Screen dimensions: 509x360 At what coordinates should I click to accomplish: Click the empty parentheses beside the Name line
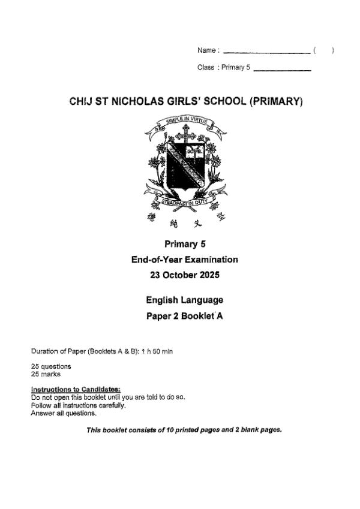pyautogui.click(x=323, y=51)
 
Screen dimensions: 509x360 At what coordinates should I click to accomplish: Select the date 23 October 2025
pyautogui.click(x=185, y=276)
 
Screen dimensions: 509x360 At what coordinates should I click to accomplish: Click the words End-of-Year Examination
pyautogui.click(x=185, y=260)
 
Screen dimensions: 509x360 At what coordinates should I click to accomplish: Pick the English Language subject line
pyautogui.click(x=185, y=300)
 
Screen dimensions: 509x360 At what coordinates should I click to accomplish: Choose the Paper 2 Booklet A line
pyautogui.click(x=185, y=316)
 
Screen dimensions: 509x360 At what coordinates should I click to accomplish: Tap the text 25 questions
pyautogui.click(x=51, y=366)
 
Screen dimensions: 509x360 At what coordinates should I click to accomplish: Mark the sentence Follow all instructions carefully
pyautogui.click(x=78, y=405)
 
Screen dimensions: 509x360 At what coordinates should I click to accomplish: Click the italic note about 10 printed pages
pyautogui.click(x=184, y=429)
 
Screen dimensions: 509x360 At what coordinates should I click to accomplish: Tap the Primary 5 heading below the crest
pyautogui.click(x=185, y=243)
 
